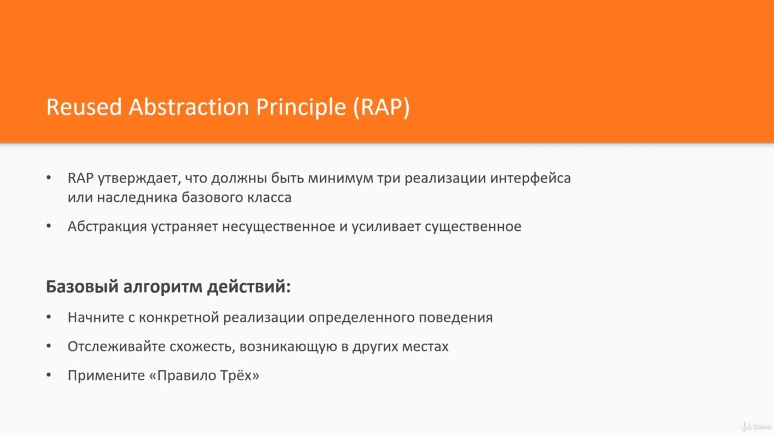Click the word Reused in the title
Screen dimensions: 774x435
84,107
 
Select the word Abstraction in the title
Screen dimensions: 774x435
189,107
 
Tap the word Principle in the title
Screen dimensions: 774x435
301,108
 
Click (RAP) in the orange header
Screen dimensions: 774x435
382,108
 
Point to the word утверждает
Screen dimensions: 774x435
139,178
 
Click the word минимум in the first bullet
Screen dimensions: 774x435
340,178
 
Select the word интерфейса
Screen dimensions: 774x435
530,178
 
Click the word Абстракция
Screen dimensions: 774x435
107,227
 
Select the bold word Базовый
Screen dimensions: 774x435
82,287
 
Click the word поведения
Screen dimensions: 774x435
455,318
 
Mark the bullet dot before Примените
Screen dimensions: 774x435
49,375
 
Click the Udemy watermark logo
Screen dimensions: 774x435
756,426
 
